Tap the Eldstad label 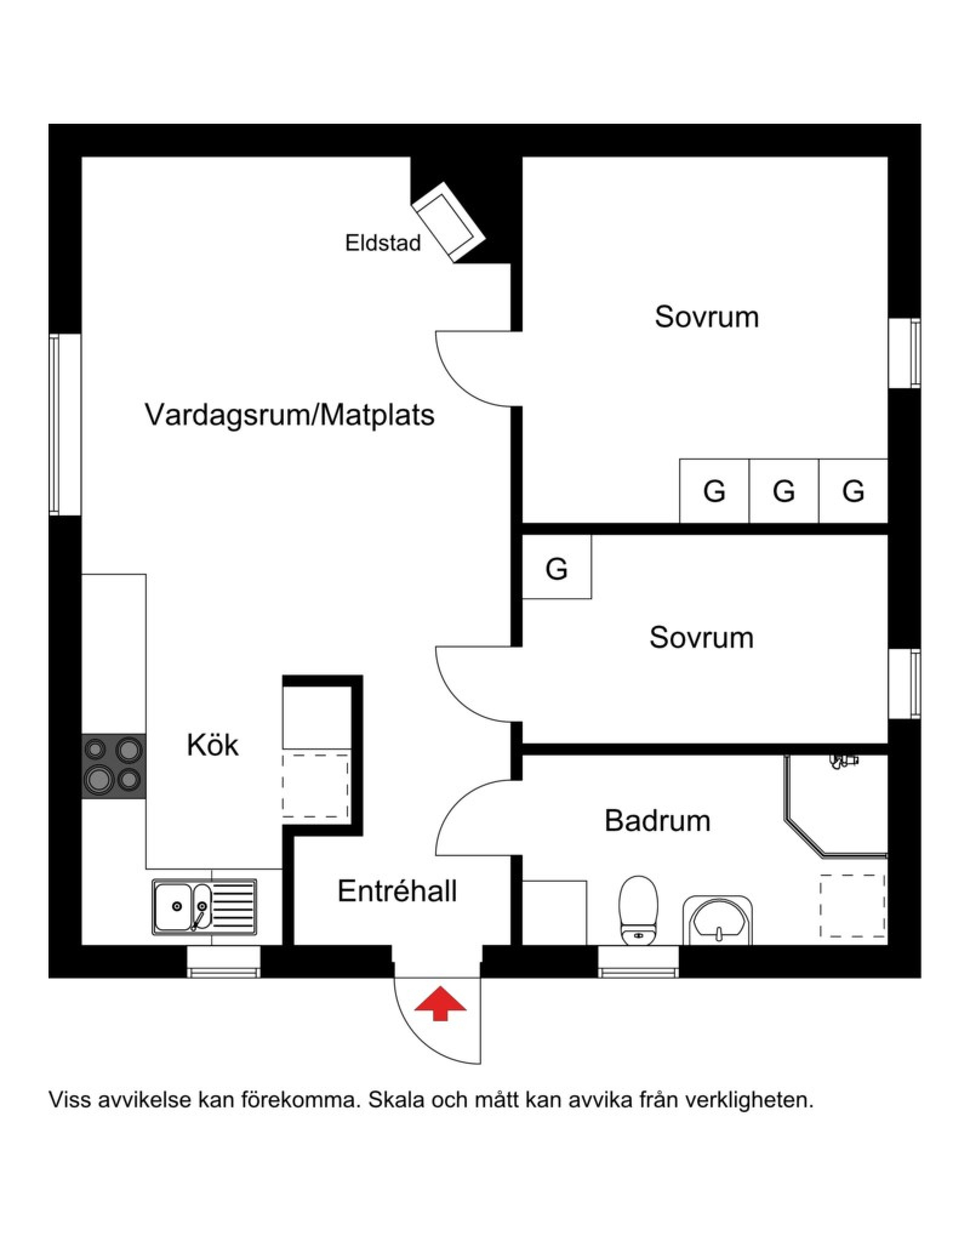tap(383, 243)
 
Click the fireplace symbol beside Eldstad tap(449, 221)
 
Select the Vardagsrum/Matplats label tap(290, 415)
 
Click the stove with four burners tap(114, 766)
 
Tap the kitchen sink tap(204, 907)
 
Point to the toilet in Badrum tap(638, 910)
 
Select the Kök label tap(212, 745)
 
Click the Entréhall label tap(397, 892)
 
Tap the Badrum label tap(657, 821)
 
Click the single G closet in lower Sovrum tap(557, 568)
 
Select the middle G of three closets tap(783, 491)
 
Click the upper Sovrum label tap(706, 317)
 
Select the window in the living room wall tap(65, 425)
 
